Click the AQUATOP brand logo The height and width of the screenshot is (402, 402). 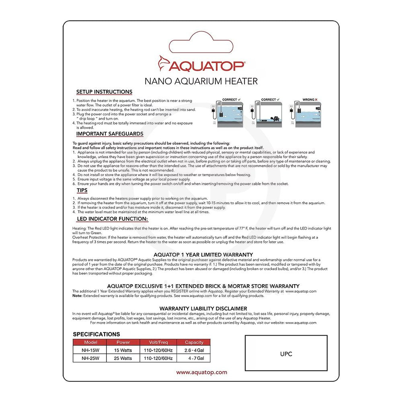point(201,64)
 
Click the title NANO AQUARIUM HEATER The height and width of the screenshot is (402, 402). point(201,81)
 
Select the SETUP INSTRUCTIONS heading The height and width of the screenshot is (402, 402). point(104,92)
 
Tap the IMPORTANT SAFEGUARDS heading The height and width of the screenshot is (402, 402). point(110,134)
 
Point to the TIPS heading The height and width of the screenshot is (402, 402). point(82,190)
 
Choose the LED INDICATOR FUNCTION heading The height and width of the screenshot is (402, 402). point(112,219)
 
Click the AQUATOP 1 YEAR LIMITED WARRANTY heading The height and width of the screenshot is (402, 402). point(203,254)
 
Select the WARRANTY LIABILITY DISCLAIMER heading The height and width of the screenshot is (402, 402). point(203,308)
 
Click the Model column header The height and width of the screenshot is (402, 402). point(89,343)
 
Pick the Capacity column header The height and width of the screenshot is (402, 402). point(194,343)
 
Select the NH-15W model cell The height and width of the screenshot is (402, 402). point(89,350)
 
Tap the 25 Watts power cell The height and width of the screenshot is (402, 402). point(123,358)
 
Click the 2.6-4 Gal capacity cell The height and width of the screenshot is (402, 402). point(194,350)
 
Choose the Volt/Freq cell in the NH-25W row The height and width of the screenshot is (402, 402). point(158,358)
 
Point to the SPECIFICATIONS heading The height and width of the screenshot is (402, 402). point(96,334)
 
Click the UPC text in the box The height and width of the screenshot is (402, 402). point(286,354)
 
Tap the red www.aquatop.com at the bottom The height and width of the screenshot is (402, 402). point(201,372)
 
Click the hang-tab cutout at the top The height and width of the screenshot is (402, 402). point(201,41)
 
